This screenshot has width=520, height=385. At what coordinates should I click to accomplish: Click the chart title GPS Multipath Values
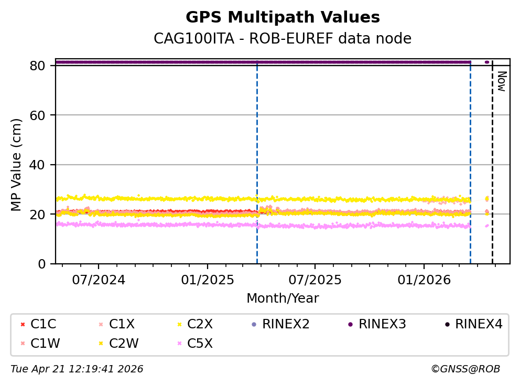coord(283,17)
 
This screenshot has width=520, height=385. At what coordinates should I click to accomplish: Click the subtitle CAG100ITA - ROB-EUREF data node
coord(283,39)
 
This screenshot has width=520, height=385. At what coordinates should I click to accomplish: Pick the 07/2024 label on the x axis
coord(99,280)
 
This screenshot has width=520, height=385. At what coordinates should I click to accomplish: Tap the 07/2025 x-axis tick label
coord(315,280)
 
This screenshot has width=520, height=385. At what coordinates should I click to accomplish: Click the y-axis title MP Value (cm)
coord(17,165)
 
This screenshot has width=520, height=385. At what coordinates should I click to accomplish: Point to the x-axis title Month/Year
coord(283,298)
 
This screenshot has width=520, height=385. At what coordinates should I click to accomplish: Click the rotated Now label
coord(501,82)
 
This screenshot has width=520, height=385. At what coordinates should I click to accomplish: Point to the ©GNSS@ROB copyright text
coord(465,369)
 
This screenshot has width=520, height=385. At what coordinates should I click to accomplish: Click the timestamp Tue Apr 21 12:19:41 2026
coord(77,369)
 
